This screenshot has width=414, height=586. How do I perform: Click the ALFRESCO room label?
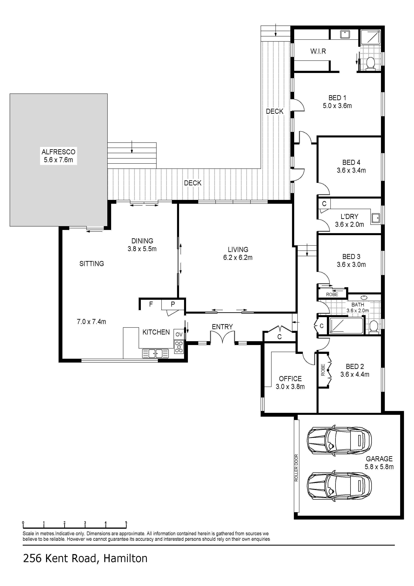click(58, 152)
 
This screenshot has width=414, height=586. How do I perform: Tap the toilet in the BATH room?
click(374, 327)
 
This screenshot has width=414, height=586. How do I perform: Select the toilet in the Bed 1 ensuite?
click(370, 63)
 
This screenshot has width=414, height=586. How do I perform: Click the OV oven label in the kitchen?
click(179, 334)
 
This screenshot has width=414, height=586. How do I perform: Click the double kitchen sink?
click(156, 354)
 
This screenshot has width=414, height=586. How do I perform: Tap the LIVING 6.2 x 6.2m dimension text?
click(238, 258)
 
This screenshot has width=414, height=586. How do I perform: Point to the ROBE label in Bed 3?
click(332, 295)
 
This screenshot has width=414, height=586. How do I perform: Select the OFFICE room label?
click(290, 378)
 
